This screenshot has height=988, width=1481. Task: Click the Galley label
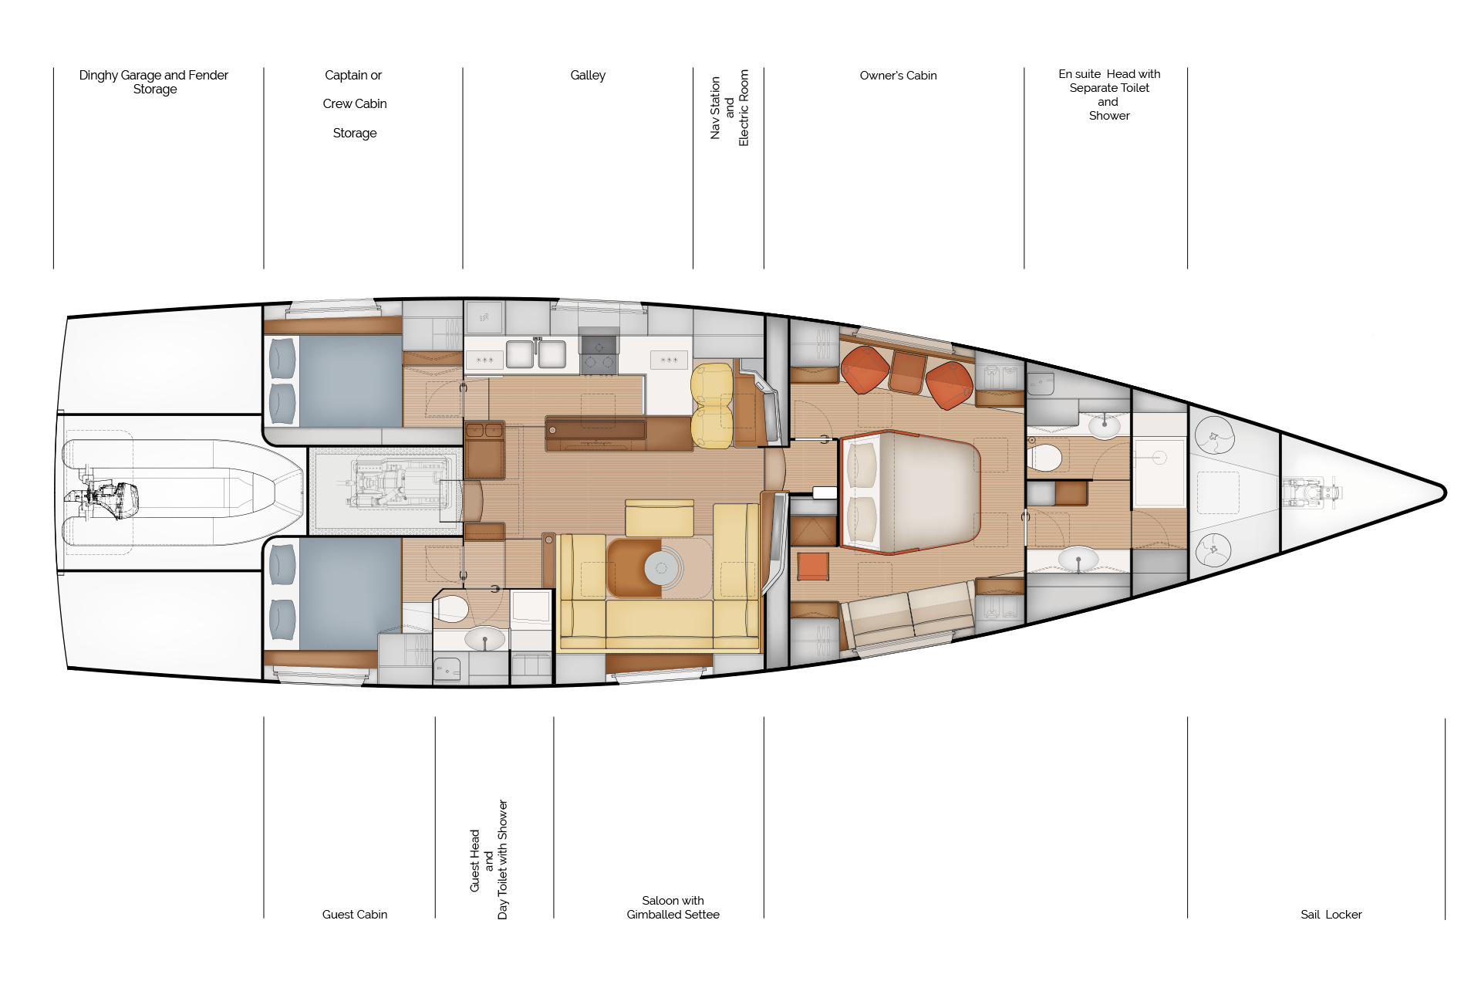click(588, 76)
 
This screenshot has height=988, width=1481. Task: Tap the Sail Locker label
click(1331, 915)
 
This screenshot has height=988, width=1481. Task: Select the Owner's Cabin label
click(898, 76)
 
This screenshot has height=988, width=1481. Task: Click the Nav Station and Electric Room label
click(729, 107)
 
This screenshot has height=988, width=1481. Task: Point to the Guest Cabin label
click(355, 915)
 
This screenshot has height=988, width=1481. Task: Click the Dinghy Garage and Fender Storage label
click(153, 82)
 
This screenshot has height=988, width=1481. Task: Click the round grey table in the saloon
click(661, 569)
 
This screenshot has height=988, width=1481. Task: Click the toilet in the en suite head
click(1045, 458)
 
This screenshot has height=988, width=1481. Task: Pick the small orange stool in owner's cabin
click(813, 566)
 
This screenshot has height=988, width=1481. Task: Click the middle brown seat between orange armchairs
click(907, 373)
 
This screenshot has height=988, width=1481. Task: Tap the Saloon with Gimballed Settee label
click(673, 908)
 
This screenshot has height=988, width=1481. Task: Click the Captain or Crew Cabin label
click(354, 103)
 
